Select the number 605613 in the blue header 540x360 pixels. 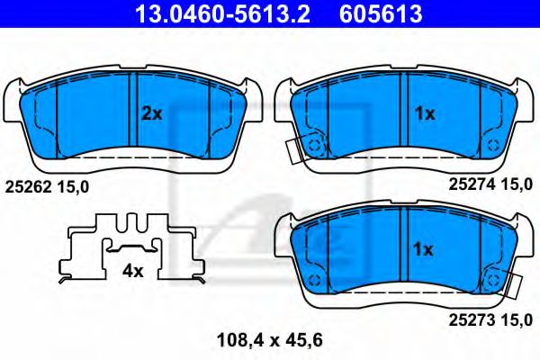point(381,13)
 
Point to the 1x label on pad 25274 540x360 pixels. point(423,113)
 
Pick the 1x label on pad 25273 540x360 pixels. point(423,248)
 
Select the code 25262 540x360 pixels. point(27,186)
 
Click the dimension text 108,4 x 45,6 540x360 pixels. point(269,340)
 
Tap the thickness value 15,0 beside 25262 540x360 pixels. point(76,186)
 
